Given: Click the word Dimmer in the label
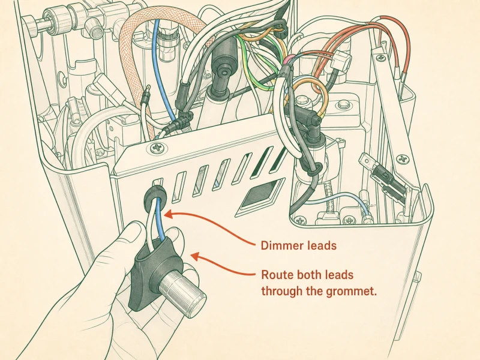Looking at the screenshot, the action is click(279, 245).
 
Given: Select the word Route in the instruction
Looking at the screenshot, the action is click(274, 275).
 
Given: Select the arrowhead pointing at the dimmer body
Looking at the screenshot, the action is click(196, 256).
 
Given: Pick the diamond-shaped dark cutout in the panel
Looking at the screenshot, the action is click(260, 194).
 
